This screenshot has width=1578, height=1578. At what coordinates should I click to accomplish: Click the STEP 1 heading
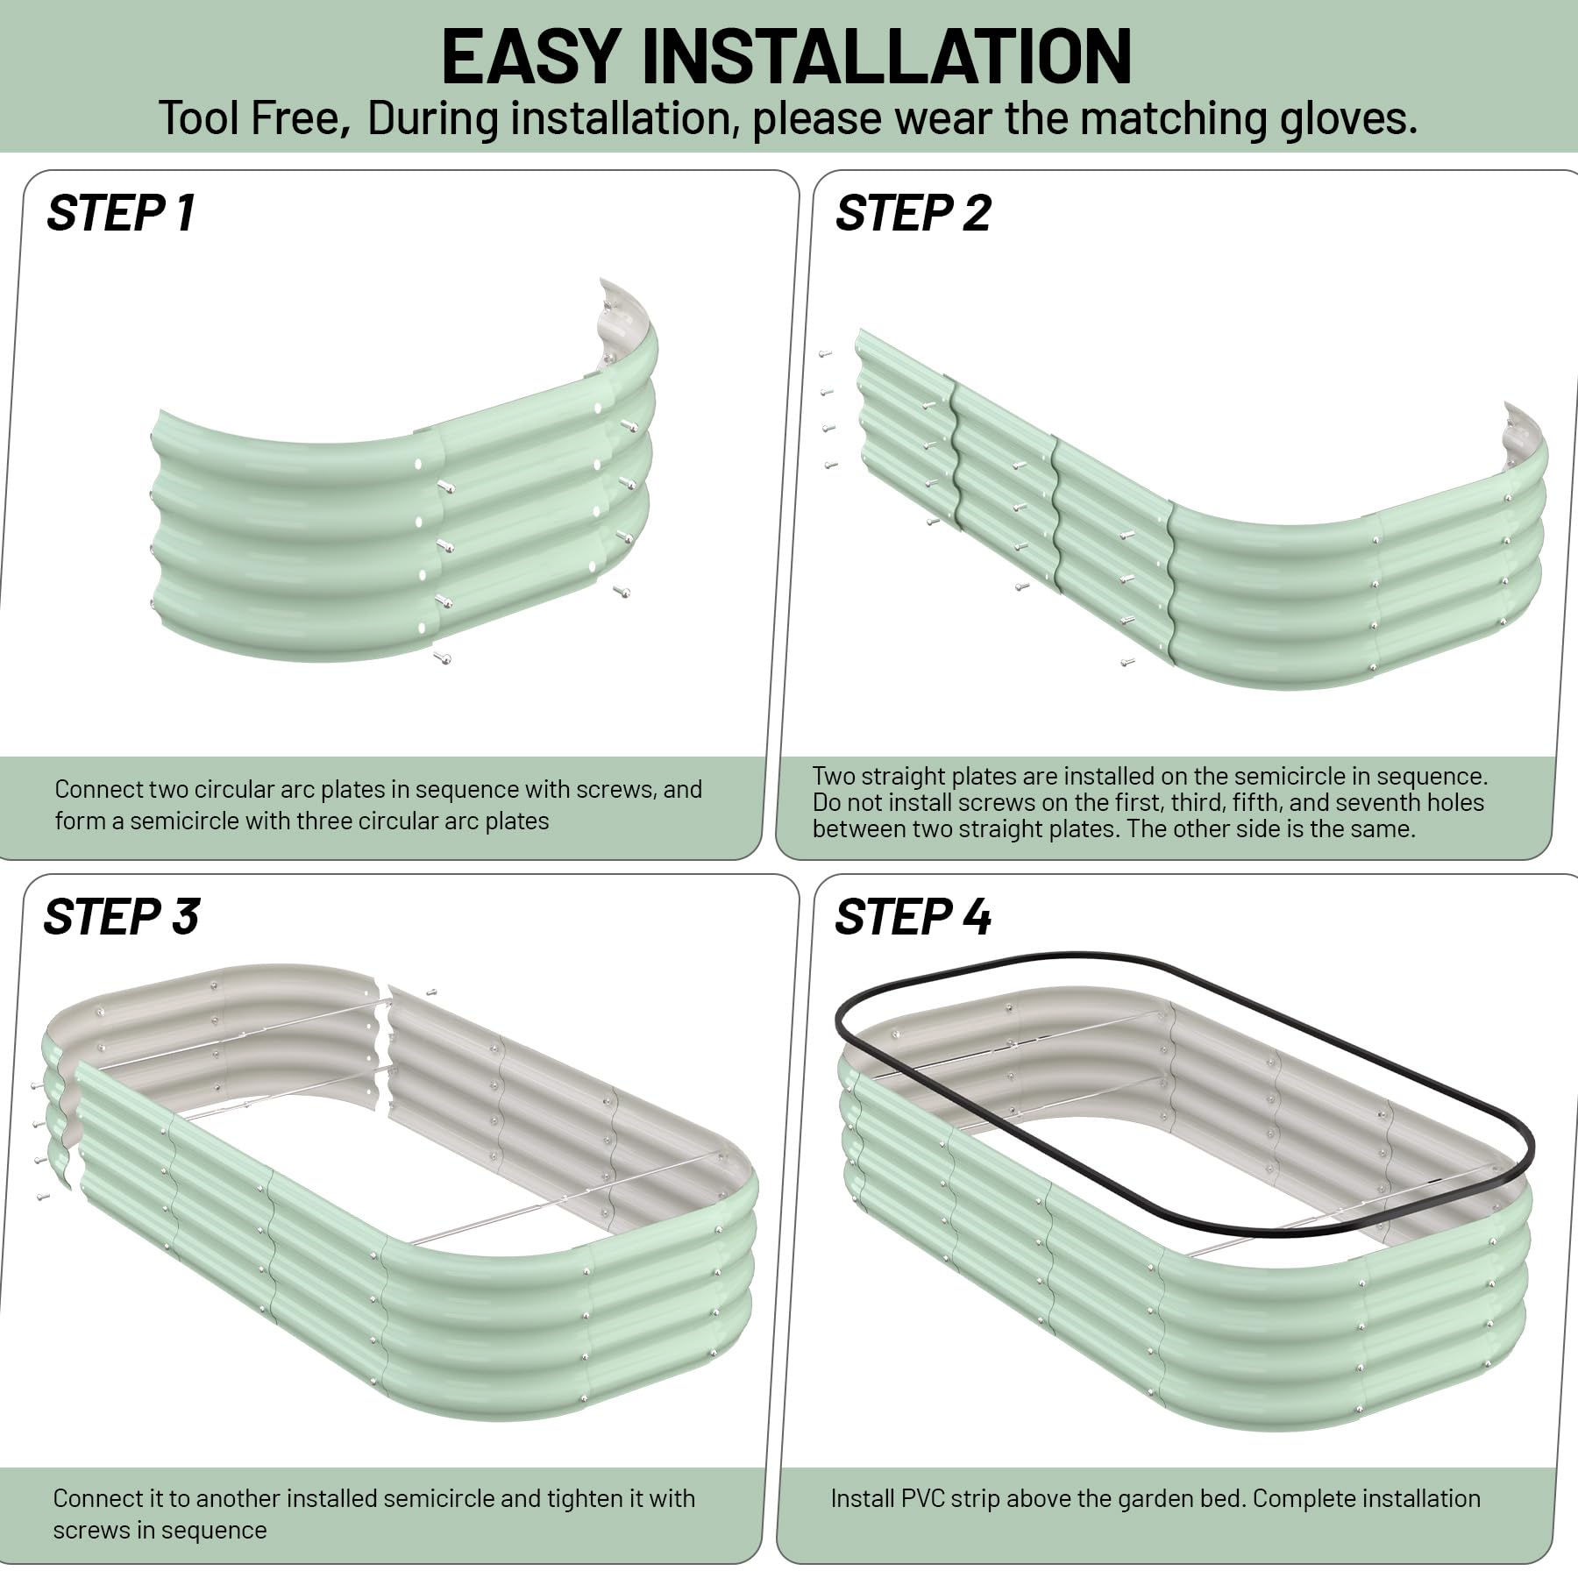pyautogui.click(x=121, y=213)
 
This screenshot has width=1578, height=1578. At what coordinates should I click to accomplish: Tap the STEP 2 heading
pyautogui.click(x=913, y=213)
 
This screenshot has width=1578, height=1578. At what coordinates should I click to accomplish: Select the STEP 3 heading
pyautogui.click(x=121, y=917)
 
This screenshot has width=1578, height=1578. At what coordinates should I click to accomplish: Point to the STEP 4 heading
pyautogui.click(x=913, y=917)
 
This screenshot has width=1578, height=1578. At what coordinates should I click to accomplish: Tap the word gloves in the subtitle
pyautogui.click(x=1343, y=118)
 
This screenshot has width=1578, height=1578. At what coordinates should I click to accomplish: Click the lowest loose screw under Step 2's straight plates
pyautogui.click(x=1127, y=663)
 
